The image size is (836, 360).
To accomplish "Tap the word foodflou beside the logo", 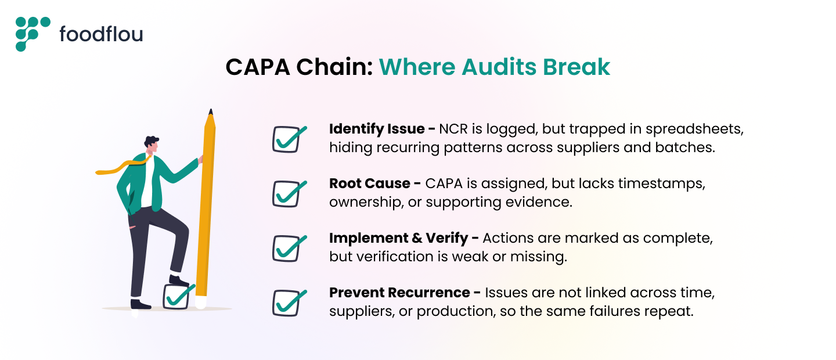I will click(x=101, y=35).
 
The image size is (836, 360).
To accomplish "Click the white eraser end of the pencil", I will click(x=200, y=303).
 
